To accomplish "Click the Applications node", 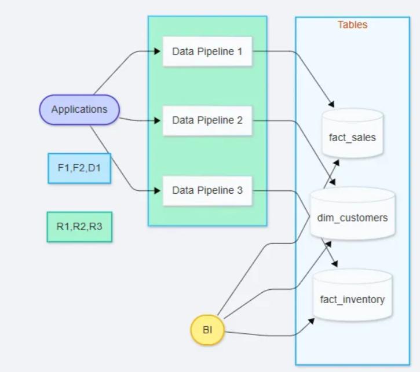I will pyautogui.click(x=79, y=109).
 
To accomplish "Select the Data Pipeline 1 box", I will pyautogui.click(x=207, y=51).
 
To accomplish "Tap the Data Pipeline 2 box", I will pyautogui.click(x=207, y=120).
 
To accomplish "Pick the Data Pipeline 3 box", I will pyautogui.click(x=207, y=190).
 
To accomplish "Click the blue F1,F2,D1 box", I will pyautogui.click(x=79, y=168).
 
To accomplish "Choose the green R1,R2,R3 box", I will pyautogui.click(x=79, y=226).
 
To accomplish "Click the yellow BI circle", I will pyautogui.click(x=207, y=330).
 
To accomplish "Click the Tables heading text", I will pyautogui.click(x=352, y=25).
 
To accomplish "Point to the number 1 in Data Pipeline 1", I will pyautogui.click(x=240, y=51).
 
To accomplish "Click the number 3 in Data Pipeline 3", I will pyautogui.click(x=240, y=190).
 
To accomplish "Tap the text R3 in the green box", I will pyautogui.click(x=96, y=226).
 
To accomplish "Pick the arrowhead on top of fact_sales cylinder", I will pyautogui.click(x=333, y=105).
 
